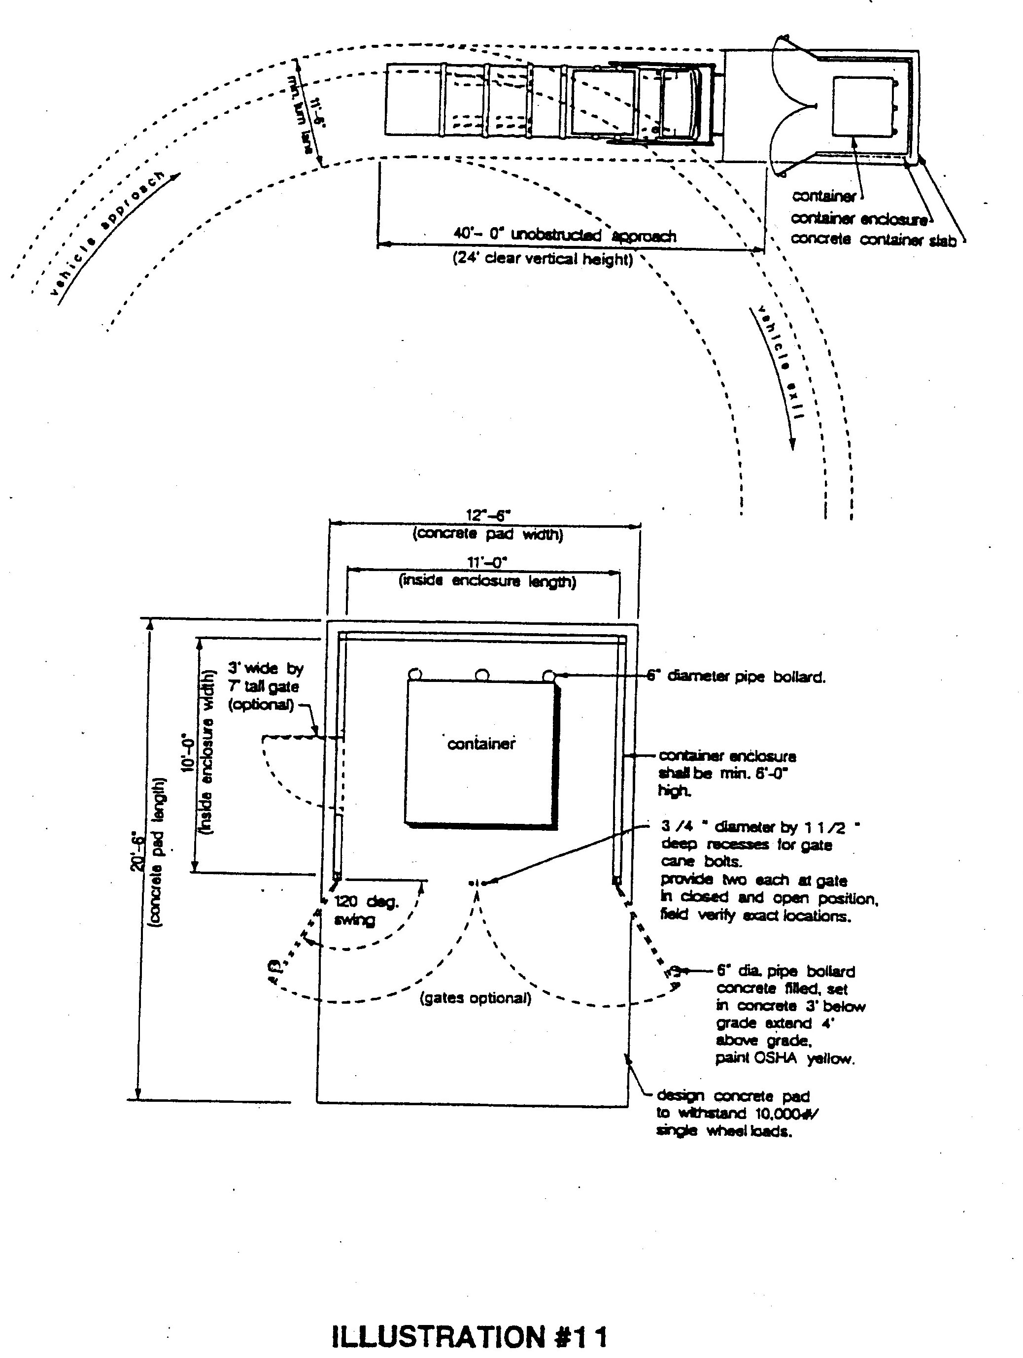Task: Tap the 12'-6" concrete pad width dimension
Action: [x=488, y=514]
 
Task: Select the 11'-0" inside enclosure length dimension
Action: [x=487, y=562]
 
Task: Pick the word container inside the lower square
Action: [x=481, y=744]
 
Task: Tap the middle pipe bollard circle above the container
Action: [x=482, y=676]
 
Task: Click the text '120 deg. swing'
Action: [x=366, y=911]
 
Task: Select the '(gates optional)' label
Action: [x=475, y=998]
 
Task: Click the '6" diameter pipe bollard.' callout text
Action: [x=736, y=677]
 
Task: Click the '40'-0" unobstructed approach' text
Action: [x=564, y=235]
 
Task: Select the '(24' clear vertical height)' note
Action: [x=542, y=259]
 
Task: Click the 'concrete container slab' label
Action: [x=873, y=239]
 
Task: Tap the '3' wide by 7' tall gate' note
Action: [x=265, y=686]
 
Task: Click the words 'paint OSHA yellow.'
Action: [x=785, y=1058]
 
